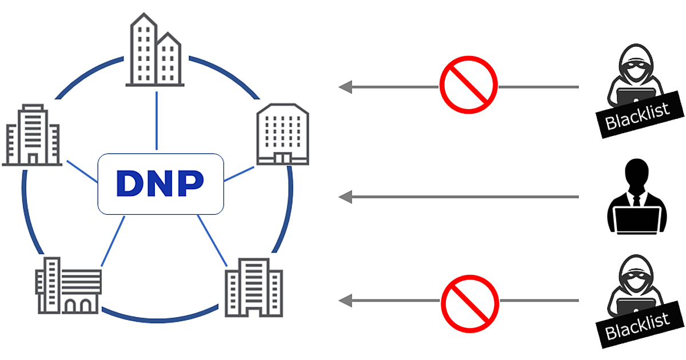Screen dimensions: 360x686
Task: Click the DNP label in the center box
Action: [160, 183]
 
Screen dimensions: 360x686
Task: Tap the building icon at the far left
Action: [31, 135]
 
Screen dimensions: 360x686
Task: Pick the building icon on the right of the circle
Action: [282, 135]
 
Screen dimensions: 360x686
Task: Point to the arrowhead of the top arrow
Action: [345, 87]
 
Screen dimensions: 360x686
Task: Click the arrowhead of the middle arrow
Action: [345, 197]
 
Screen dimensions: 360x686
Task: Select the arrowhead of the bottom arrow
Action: [345, 300]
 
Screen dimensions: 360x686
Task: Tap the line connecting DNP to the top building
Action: [156, 120]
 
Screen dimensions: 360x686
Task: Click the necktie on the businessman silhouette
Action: [636, 199]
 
